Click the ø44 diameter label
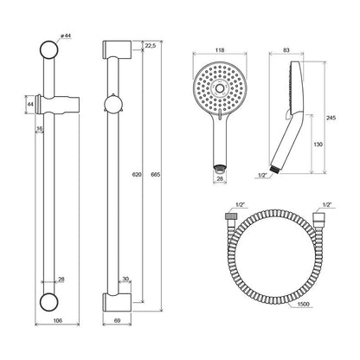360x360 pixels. (66, 35)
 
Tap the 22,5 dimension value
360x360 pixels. (151, 46)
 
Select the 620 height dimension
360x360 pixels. (137, 174)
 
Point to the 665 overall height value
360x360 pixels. (156, 174)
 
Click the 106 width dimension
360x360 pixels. (58, 320)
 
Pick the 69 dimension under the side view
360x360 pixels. (117, 320)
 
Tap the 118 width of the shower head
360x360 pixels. (220, 50)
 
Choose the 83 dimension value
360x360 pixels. (286, 50)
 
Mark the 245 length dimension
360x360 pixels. (331, 118)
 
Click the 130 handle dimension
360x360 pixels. (318, 145)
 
